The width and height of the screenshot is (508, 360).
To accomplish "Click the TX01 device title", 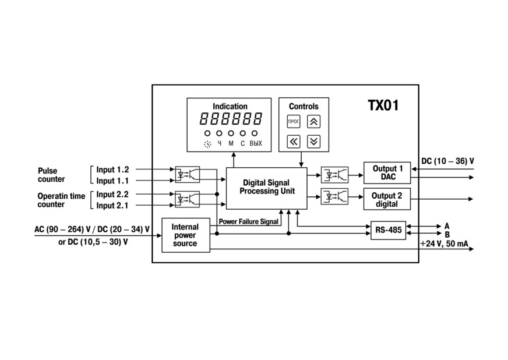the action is (383, 105).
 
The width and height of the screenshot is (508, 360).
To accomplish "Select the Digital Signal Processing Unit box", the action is (266, 188).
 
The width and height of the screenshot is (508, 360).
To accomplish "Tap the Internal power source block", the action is (186, 235).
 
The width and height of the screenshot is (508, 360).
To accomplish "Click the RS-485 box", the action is (388, 230).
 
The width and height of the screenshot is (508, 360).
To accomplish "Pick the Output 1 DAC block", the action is (387, 172).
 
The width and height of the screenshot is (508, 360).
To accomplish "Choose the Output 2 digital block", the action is (387, 199).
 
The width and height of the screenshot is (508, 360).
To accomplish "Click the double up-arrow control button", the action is (313, 122).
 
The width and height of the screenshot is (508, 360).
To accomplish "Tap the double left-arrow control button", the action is (294, 142).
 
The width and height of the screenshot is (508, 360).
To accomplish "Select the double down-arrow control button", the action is (313, 142).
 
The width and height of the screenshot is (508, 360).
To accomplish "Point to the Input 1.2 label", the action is (112, 170).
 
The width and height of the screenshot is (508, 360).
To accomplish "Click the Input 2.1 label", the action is (112, 206).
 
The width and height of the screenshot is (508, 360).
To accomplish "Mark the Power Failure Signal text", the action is (249, 221).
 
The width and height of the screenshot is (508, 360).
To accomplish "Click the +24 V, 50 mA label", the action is (444, 243).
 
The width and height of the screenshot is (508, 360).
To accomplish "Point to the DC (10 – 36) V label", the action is (447, 161).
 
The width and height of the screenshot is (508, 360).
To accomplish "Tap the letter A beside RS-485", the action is (447, 226).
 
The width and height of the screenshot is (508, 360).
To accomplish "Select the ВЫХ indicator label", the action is (256, 143).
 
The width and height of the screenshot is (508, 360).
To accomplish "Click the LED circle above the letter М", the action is (231, 133).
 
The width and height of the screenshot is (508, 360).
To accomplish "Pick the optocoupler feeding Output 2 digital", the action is (334, 196).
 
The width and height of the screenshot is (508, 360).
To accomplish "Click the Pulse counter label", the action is (51, 175).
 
